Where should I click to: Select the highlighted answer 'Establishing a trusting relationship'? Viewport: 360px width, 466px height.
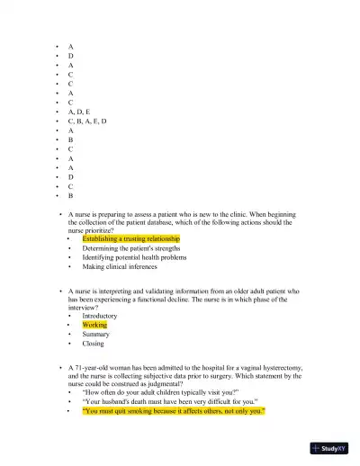coord(130,238)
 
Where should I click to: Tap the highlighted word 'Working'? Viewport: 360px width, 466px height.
coord(94,325)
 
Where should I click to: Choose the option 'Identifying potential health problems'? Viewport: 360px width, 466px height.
coord(134,257)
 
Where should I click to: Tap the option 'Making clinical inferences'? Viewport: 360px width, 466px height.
coord(119,266)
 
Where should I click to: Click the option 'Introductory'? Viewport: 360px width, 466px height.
coord(99,316)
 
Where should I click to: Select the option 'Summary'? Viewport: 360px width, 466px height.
coord(95,334)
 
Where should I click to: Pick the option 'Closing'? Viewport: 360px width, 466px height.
coord(93,343)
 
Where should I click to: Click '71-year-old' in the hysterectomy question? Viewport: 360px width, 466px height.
coord(94,368)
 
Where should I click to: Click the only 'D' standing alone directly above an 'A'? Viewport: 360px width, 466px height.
coord(71,55)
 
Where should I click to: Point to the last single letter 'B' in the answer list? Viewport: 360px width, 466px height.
coord(71,195)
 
